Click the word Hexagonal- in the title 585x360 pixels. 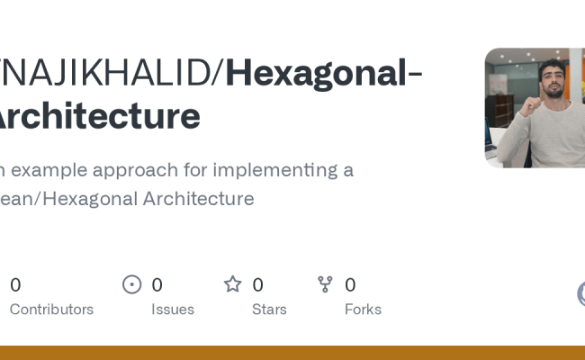click(x=323, y=72)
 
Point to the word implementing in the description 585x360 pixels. click(x=267, y=170)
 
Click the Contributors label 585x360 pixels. click(x=51, y=310)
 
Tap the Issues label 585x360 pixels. click(x=173, y=310)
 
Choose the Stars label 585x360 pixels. click(x=269, y=310)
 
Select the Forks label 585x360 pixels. click(x=363, y=310)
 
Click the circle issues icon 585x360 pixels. click(x=132, y=285)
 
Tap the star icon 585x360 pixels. click(x=233, y=285)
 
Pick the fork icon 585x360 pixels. click(x=326, y=285)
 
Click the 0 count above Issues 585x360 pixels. click(x=157, y=285)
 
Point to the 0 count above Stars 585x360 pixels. click(x=257, y=285)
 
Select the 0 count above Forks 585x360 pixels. click(x=350, y=285)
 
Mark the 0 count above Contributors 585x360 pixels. click(x=15, y=285)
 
